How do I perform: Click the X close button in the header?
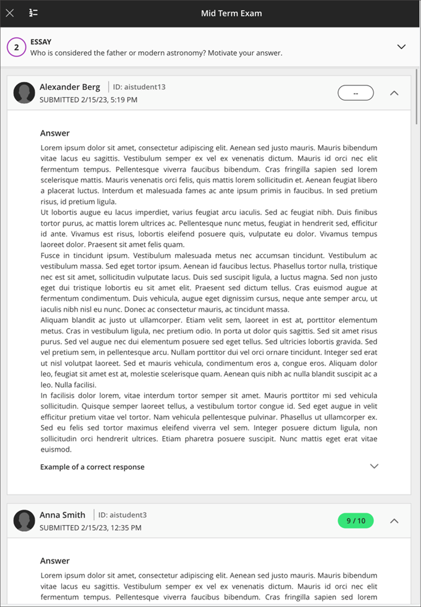pyautogui.click(x=9, y=13)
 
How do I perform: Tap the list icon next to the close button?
pyautogui.click(x=33, y=13)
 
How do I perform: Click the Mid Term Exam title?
pyautogui.click(x=231, y=13)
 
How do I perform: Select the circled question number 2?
pyautogui.click(x=16, y=47)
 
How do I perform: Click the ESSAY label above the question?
pyautogui.click(x=41, y=42)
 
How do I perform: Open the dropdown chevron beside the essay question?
pyautogui.click(x=401, y=47)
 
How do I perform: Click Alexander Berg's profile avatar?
pyautogui.click(x=24, y=92)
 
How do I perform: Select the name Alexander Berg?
pyautogui.click(x=69, y=87)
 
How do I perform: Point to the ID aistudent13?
pyautogui.click(x=139, y=87)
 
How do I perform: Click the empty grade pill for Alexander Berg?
pyautogui.click(x=356, y=92)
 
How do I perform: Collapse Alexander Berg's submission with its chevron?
pyautogui.click(x=394, y=92)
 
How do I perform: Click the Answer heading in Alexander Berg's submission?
pyautogui.click(x=55, y=133)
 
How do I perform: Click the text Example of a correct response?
pyautogui.click(x=92, y=467)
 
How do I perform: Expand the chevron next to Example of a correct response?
pyautogui.click(x=374, y=466)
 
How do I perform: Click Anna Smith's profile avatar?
pyautogui.click(x=24, y=520)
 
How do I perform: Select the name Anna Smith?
pyautogui.click(x=62, y=515)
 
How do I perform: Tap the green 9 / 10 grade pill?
pyautogui.click(x=356, y=520)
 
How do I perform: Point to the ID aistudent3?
pyautogui.click(x=122, y=515)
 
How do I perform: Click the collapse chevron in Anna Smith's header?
pyautogui.click(x=394, y=520)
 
